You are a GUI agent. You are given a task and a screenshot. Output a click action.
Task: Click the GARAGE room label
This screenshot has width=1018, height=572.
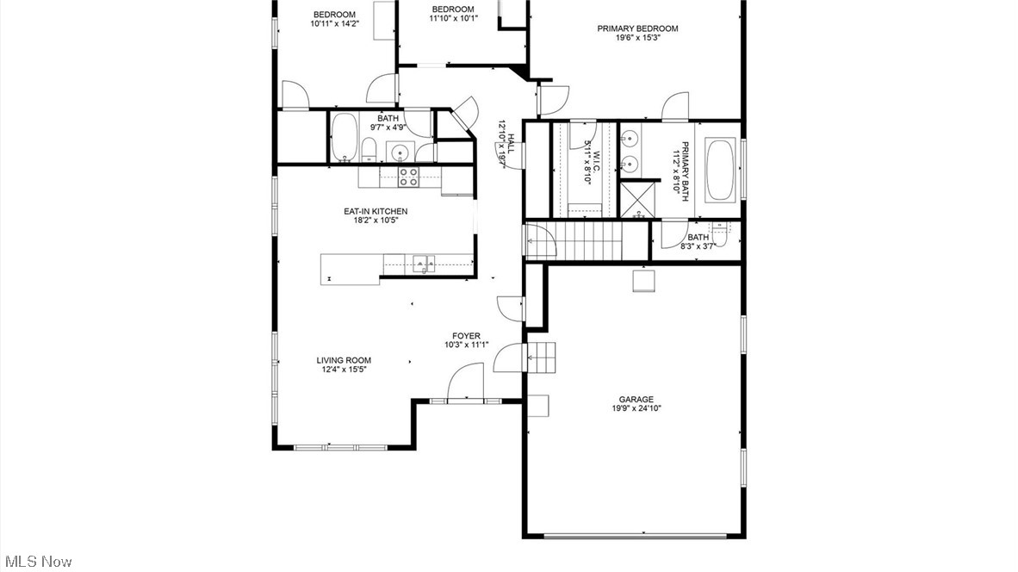[x=636, y=399]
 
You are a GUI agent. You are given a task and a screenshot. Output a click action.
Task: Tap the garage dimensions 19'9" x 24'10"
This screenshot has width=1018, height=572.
[x=636, y=408]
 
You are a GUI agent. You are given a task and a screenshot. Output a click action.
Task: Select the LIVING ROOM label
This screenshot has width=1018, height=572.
[x=344, y=360]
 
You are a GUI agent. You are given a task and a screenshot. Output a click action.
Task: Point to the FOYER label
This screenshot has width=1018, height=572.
[x=466, y=336]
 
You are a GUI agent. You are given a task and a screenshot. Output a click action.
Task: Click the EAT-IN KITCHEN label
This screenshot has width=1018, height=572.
[x=376, y=211]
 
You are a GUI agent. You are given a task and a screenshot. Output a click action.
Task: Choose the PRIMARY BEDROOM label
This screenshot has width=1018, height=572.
[x=637, y=28]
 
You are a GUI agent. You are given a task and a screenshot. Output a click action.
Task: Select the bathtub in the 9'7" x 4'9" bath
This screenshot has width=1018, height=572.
[x=345, y=138]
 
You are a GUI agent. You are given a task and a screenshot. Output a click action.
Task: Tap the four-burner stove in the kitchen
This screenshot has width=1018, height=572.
[x=408, y=177]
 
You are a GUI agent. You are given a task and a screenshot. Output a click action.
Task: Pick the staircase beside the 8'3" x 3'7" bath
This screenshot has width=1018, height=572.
[x=590, y=239]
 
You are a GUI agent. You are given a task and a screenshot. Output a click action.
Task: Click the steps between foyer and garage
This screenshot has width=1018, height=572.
[x=542, y=354]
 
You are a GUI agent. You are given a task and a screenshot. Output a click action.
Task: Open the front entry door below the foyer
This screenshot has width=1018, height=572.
[x=465, y=383]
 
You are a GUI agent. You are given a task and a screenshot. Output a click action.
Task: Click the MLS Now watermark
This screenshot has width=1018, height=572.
[x=37, y=561]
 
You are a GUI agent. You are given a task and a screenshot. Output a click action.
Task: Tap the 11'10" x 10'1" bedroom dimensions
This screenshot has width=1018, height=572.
[x=452, y=18]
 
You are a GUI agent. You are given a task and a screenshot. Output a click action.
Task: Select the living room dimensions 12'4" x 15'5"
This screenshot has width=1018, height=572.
[x=344, y=370]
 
